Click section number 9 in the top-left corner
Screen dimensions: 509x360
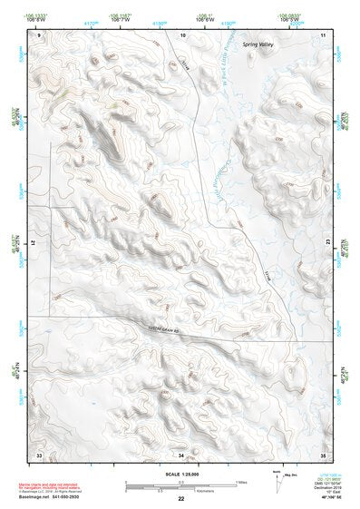click(39, 34)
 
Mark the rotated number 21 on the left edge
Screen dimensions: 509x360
click(39, 242)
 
